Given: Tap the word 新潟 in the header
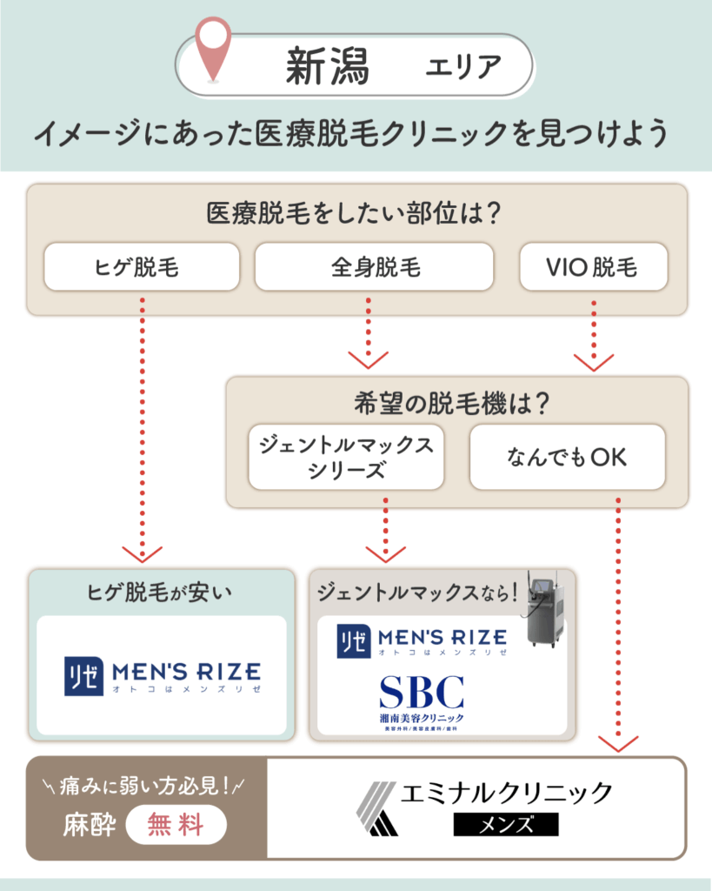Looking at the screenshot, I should [x=327, y=67].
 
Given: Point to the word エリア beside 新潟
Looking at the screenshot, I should [x=463, y=67].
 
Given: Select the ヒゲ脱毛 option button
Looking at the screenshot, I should [x=141, y=266].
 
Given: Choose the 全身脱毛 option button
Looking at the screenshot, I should [x=374, y=266].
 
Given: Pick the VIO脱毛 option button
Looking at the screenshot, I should [x=593, y=266].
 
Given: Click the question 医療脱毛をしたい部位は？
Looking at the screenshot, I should [x=356, y=212].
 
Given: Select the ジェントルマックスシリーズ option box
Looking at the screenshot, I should [x=346, y=457].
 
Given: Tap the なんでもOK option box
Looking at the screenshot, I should [x=567, y=457].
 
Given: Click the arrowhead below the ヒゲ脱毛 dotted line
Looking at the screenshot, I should [x=142, y=553].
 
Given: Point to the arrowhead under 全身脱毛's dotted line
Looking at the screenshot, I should [x=368, y=358].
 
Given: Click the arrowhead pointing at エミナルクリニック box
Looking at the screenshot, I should [x=618, y=742].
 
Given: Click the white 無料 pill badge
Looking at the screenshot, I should [x=176, y=823].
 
